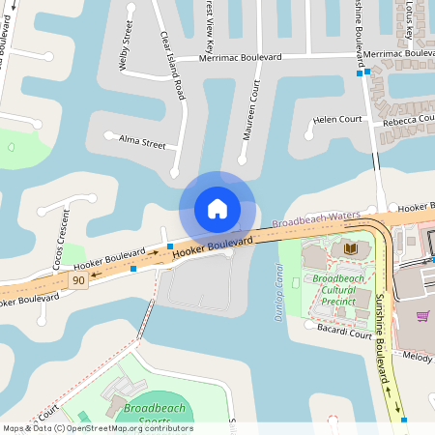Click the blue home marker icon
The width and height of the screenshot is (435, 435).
pyautogui.click(x=217, y=208)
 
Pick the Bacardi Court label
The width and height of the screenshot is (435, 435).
pyautogui.click(x=344, y=332)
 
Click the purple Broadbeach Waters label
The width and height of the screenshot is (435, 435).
pyautogui.click(x=316, y=219)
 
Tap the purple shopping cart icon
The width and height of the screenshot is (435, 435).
pyautogui.click(x=422, y=316)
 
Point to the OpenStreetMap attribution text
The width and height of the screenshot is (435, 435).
pyautogui.click(x=97, y=428)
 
